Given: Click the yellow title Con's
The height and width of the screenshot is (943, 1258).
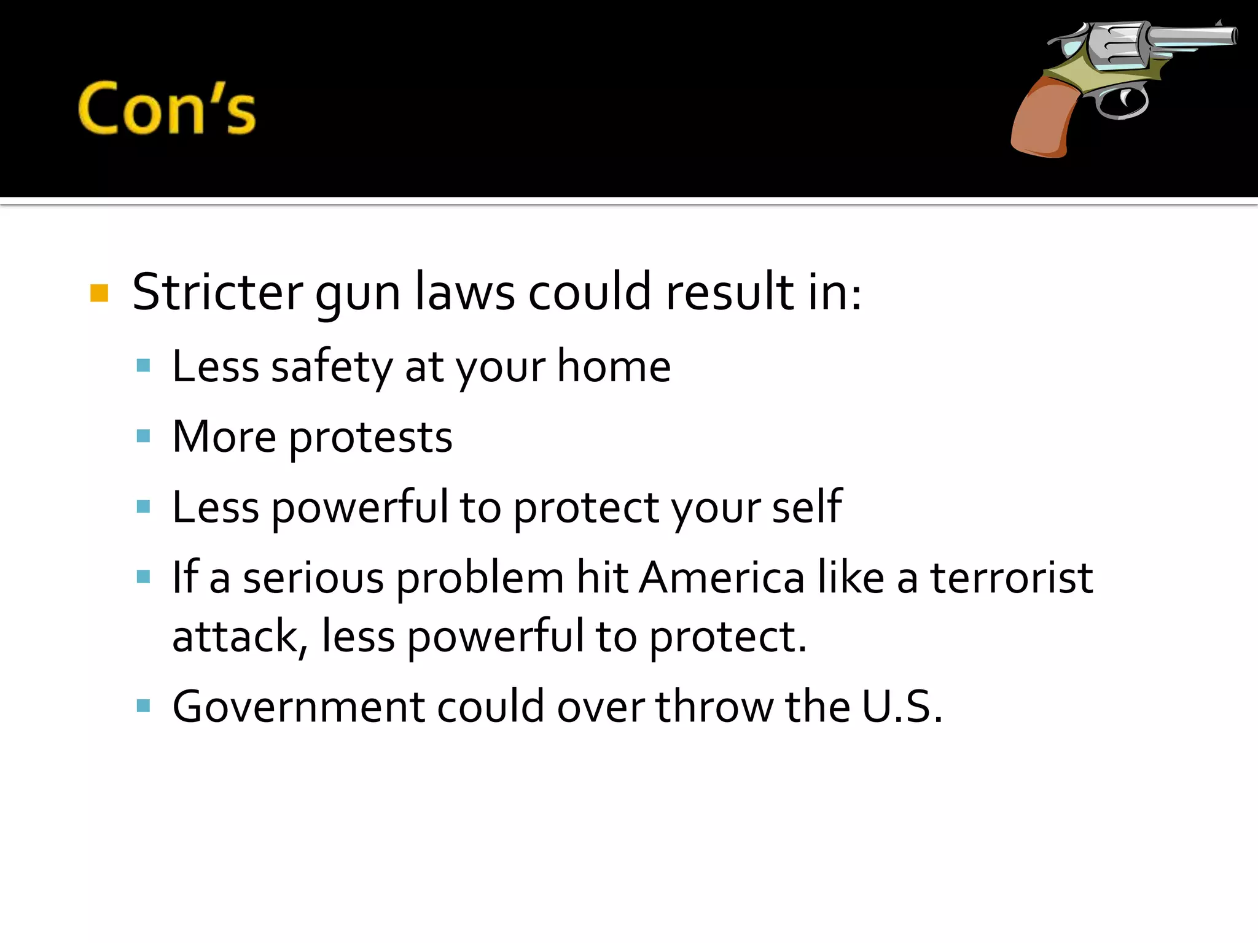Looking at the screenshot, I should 166,109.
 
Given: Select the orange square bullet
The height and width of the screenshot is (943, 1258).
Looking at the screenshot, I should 99,293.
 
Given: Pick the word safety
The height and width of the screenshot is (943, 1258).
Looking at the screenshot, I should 331,367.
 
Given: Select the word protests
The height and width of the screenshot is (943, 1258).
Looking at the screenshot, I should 370,438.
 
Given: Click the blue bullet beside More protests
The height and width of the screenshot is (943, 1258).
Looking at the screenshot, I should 144,437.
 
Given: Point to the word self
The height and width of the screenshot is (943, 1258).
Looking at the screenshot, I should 807,507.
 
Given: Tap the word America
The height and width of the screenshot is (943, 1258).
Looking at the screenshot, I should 722,578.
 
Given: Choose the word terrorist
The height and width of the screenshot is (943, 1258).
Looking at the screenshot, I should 1012,578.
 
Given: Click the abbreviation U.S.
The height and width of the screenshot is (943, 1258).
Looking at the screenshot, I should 901,707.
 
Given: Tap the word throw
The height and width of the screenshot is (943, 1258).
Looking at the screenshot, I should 714,707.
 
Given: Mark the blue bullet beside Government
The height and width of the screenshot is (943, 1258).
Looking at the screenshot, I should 144,706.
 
